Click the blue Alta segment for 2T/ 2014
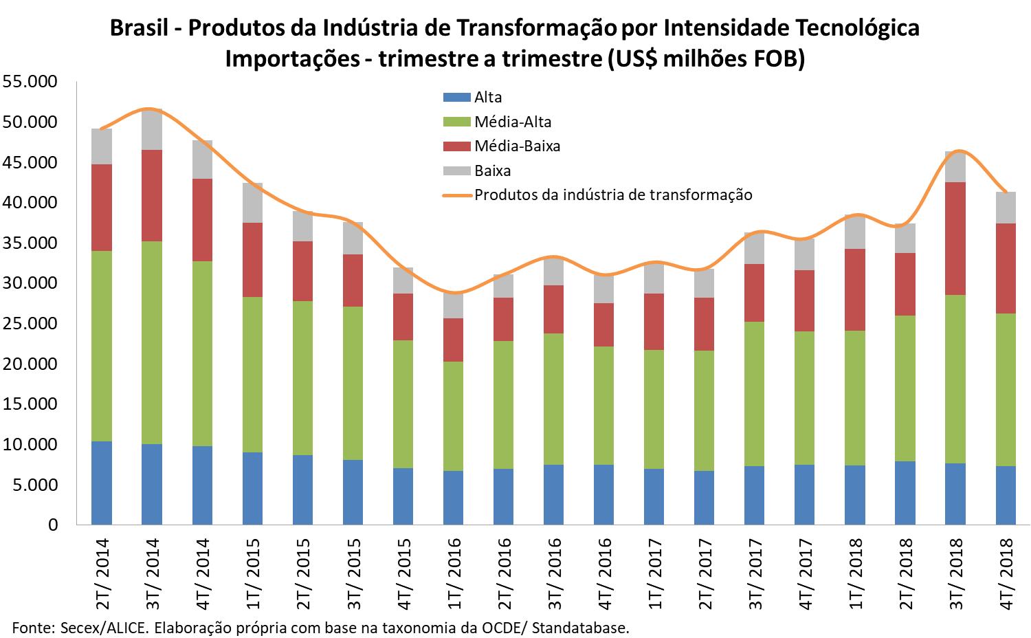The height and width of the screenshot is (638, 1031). click(x=102, y=483)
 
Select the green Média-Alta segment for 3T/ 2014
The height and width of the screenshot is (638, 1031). click(x=152, y=342)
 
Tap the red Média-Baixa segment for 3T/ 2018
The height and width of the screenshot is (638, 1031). click(x=955, y=239)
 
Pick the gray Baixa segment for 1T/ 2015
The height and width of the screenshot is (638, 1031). click(x=252, y=203)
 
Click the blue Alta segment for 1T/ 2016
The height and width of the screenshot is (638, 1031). click(x=454, y=498)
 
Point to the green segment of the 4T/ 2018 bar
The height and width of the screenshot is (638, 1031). click(x=1006, y=390)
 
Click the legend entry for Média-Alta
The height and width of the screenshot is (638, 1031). click(x=513, y=122)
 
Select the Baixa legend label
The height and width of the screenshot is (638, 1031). click(x=492, y=170)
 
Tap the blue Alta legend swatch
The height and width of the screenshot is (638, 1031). click(x=456, y=98)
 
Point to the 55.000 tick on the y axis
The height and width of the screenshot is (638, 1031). click(x=30, y=81)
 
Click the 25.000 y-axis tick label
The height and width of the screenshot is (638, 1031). click(x=30, y=323)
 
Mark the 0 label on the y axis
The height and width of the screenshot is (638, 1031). click(x=53, y=525)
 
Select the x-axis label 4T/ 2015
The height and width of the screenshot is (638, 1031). click(x=404, y=573)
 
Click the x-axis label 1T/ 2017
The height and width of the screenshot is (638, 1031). click(x=656, y=573)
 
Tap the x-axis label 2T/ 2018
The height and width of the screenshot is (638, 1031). click(x=906, y=573)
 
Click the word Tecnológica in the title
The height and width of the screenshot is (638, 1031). click(x=857, y=28)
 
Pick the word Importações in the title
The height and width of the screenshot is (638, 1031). click(x=292, y=59)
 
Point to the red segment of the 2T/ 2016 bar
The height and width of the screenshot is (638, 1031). click(x=504, y=319)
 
